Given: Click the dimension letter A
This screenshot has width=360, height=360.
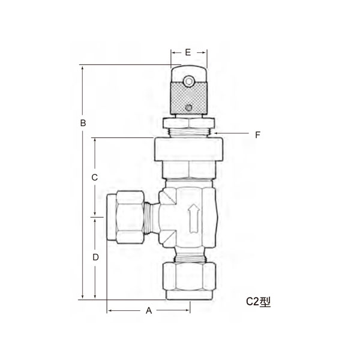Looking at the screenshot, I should [149, 311].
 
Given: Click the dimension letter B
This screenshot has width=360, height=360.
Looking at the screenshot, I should [83, 122].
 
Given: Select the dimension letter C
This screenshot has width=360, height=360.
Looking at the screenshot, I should [94, 178].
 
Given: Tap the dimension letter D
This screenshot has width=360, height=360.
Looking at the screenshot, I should [95, 257].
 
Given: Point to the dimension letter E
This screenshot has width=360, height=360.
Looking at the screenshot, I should [188, 53].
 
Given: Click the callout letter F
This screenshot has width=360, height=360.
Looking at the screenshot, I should [257, 135].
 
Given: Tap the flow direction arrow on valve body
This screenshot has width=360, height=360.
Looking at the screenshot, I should [193, 219].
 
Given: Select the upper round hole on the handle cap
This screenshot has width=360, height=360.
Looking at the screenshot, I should [189, 79].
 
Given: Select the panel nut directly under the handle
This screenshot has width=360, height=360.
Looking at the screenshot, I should [188, 123].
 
